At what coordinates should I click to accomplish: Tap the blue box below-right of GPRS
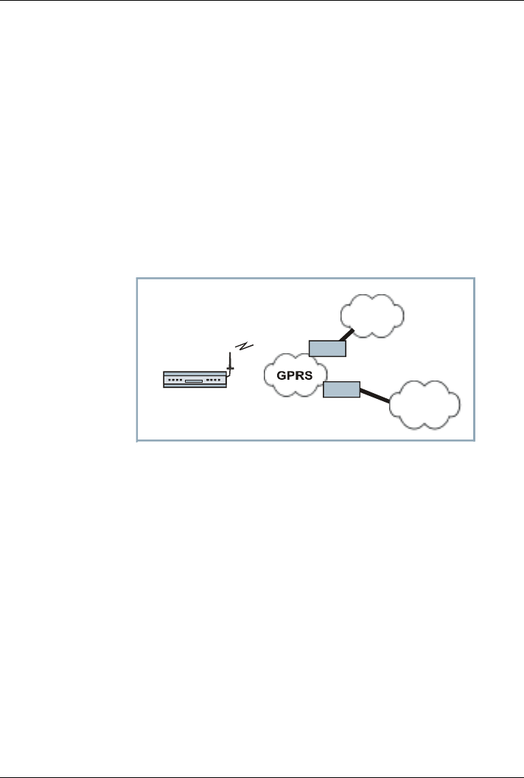pyautogui.click(x=341, y=389)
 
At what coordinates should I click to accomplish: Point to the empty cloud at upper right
pyautogui.click(x=372, y=316)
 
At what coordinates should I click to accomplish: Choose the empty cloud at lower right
pyautogui.click(x=425, y=404)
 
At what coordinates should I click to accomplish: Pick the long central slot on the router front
pyautogui.click(x=194, y=381)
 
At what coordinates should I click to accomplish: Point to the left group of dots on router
pyautogui.click(x=175, y=381)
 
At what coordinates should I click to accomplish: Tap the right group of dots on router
pyautogui.click(x=214, y=381)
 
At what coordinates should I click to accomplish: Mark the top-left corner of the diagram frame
pyautogui.click(x=137, y=279)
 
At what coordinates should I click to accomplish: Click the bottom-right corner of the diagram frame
pyautogui.click(x=473, y=441)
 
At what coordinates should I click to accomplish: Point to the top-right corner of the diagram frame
pyautogui.click(x=473, y=279)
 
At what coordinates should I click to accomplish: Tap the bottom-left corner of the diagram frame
pyautogui.click(x=137, y=441)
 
